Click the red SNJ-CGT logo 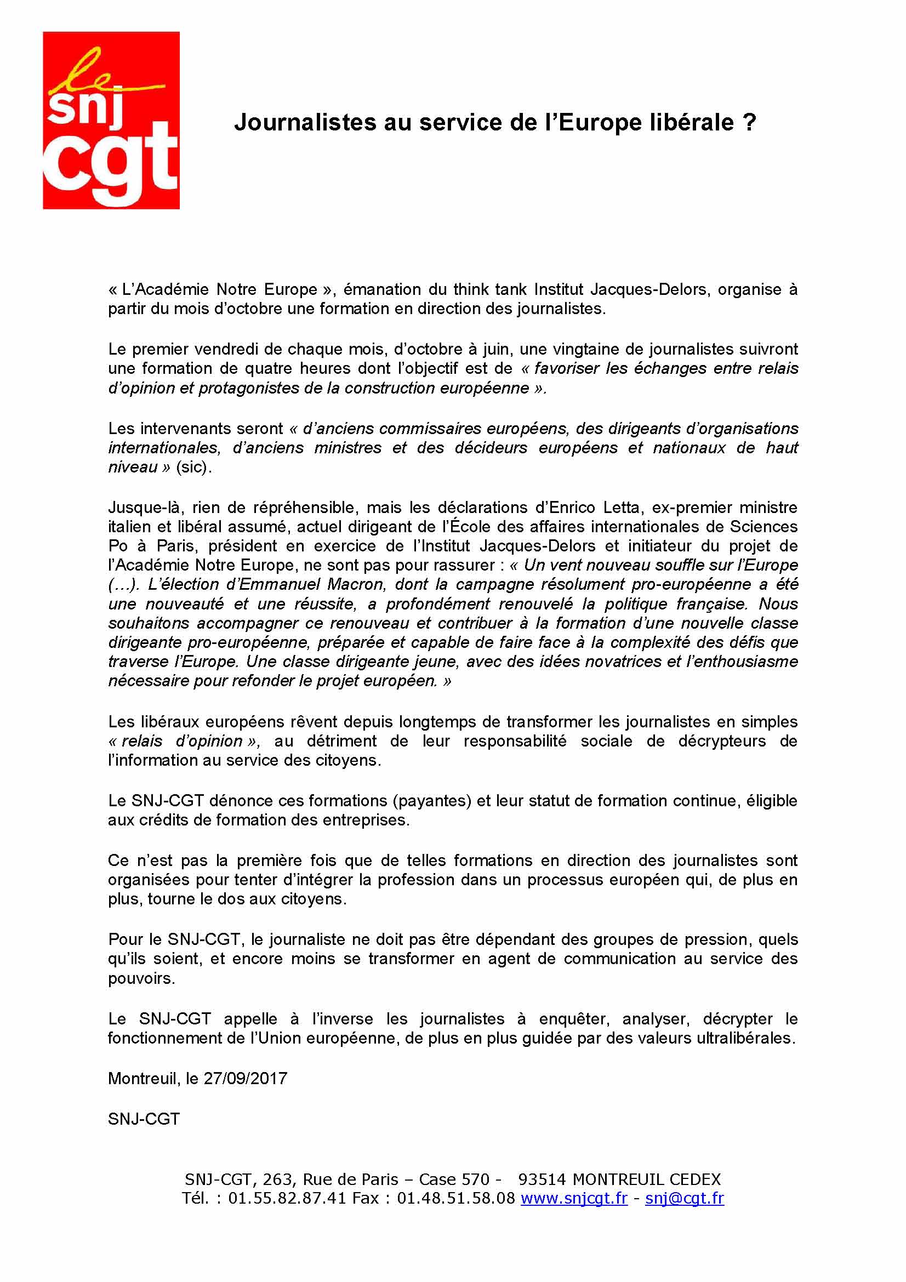tap(111, 120)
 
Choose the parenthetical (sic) tap(193, 467)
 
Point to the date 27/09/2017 tap(245, 1078)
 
